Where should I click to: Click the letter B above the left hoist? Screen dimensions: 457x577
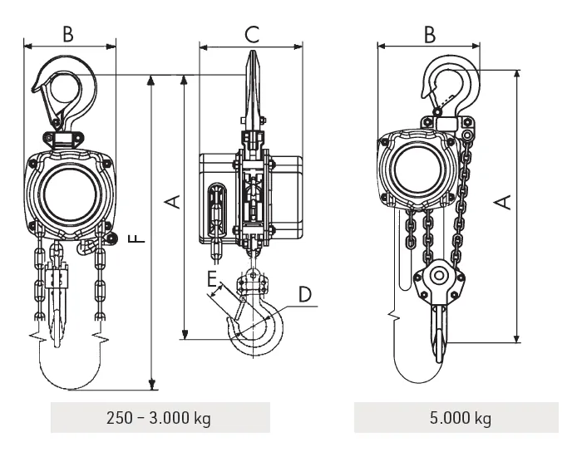(x=69, y=34)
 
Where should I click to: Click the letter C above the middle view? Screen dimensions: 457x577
(x=251, y=34)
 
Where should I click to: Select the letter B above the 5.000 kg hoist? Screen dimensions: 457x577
(x=429, y=34)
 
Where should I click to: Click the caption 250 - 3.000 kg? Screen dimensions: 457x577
(x=160, y=417)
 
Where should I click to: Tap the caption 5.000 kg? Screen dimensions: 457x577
(x=456, y=417)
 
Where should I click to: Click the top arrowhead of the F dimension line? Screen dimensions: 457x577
(x=152, y=80)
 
